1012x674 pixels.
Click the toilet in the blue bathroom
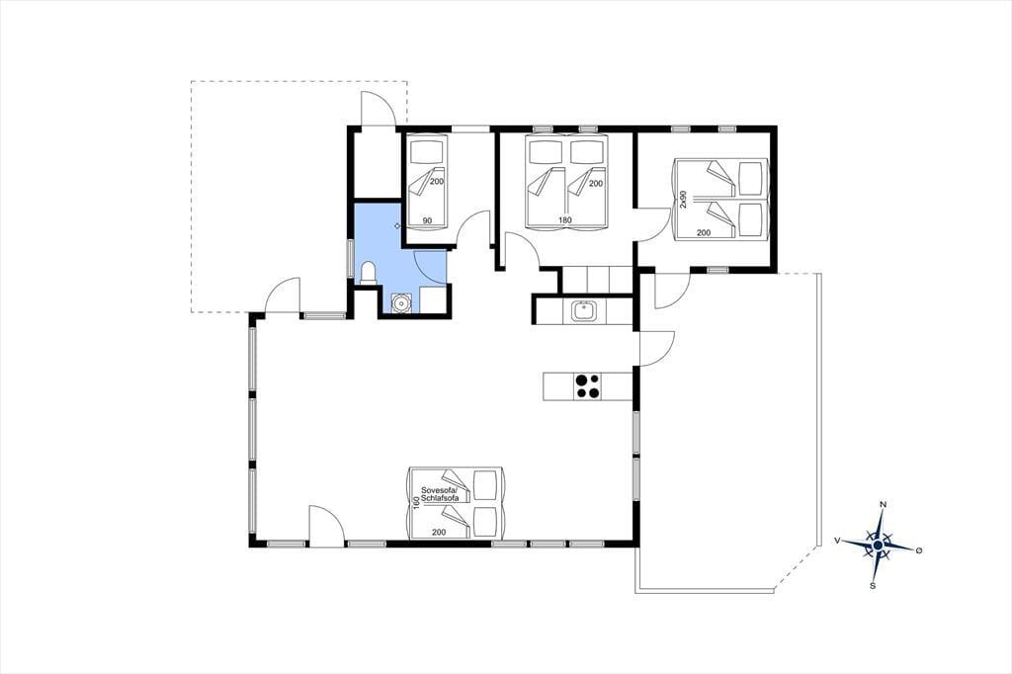(368, 273)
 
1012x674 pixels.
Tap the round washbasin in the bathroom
(401, 302)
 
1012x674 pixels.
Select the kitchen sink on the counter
(585, 312)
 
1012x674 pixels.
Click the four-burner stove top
(588, 386)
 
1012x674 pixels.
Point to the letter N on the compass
(884, 505)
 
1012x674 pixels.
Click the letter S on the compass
(874, 586)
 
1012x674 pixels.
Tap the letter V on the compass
(837, 540)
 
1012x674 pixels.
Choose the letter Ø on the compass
(919, 550)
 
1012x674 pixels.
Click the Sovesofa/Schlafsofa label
(440, 494)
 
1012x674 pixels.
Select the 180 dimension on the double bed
(564, 220)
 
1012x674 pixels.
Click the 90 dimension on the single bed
(427, 220)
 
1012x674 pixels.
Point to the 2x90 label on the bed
(683, 199)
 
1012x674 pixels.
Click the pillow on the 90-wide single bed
(427, 152)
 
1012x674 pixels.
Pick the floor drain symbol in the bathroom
(397, 225)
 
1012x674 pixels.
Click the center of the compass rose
(878, 546)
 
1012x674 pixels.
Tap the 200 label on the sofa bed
(439, 532)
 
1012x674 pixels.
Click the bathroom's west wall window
(351, 258)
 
